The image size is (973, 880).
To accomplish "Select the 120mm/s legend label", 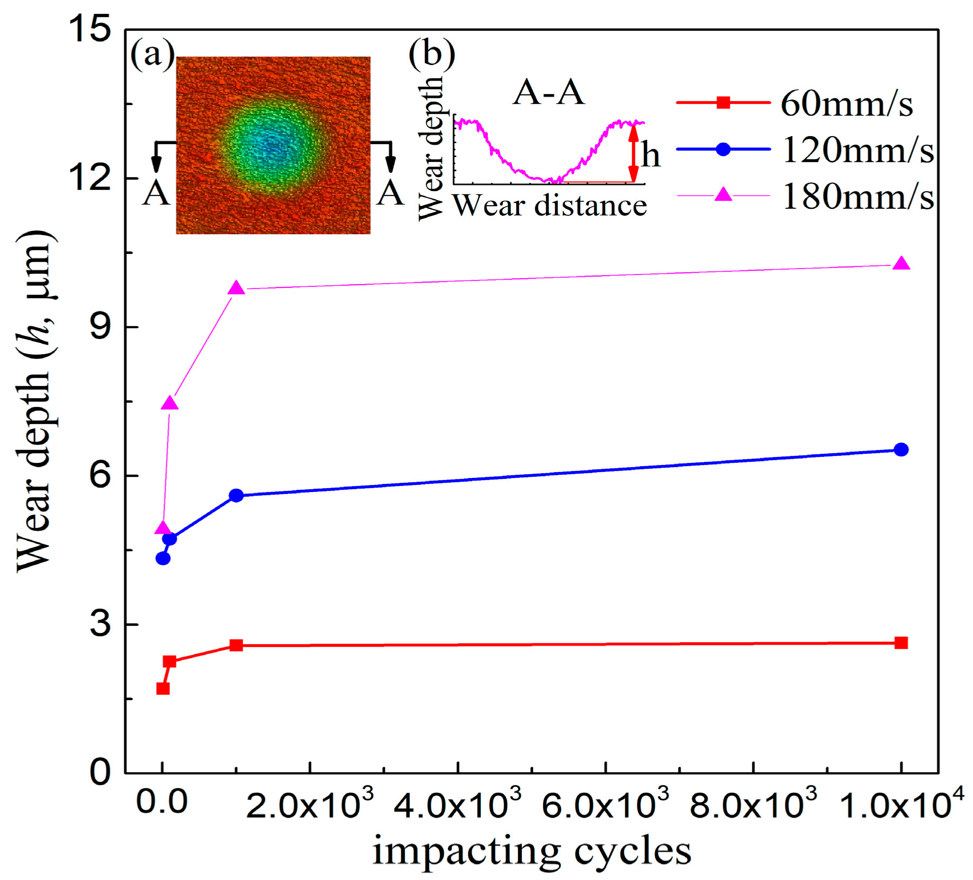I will [857, 150].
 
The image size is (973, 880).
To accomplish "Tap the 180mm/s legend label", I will [857, 197].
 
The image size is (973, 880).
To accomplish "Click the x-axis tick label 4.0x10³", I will [458, 805].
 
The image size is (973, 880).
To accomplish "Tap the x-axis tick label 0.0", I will [161, 802].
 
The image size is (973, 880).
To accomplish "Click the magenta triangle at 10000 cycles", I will [901, 264].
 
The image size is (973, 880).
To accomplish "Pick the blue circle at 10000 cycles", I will [901, 449].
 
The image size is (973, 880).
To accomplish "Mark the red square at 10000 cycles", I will [901, 643].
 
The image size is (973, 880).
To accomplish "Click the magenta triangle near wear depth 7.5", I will [170, 403].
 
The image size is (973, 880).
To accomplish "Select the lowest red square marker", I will [163, 688].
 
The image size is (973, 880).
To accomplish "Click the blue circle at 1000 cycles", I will [236, 495].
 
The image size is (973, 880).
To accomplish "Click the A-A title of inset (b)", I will [548, 92].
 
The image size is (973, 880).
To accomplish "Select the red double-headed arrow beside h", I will [634, 153].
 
